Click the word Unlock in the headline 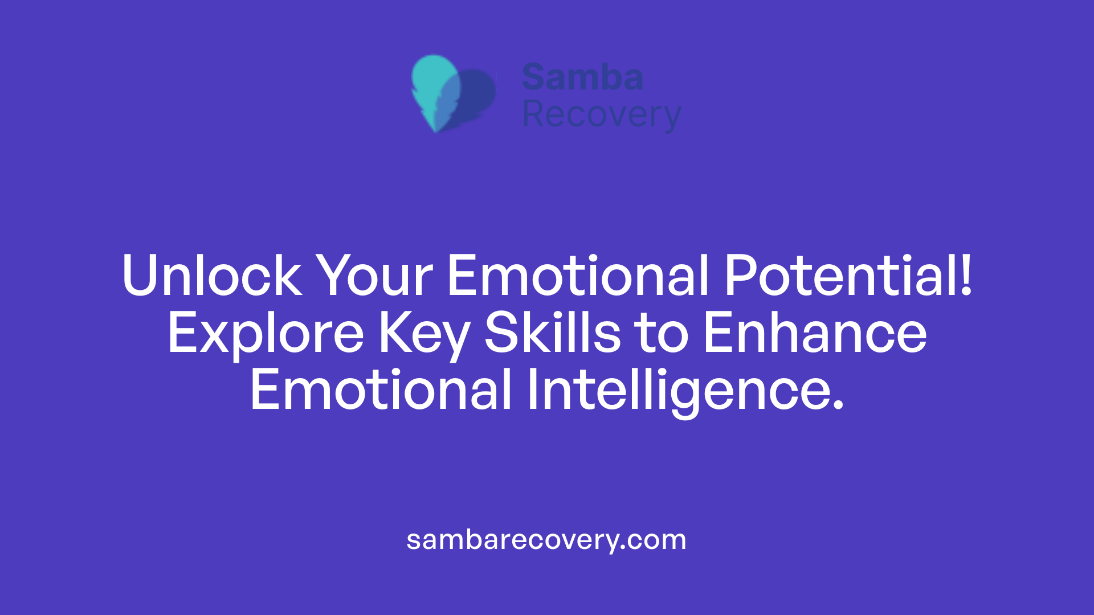tap(211, 276)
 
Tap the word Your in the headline tap(374, 276)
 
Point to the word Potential tap(840, 276)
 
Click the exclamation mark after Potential tap(966, 276)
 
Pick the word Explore tap(266, 334)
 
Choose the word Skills tap(552, 334)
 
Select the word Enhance tap(815, 334)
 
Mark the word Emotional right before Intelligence tap(381, 391)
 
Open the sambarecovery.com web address tap(546, 540)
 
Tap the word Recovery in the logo tap(601, 115)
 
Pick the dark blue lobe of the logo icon tap(477, 94)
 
